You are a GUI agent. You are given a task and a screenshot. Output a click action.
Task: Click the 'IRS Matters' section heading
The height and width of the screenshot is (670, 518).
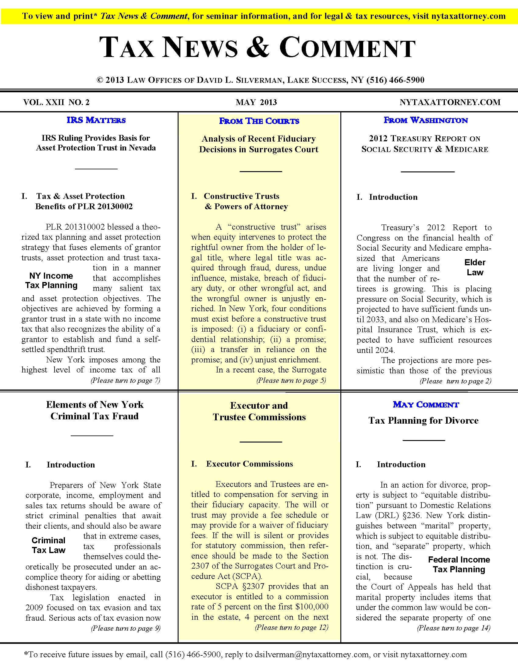point(96,120)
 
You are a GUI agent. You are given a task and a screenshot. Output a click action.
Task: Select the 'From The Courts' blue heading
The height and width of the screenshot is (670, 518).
point(259,121)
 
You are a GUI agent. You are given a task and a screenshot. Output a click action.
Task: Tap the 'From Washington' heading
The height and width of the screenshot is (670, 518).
point(426,120)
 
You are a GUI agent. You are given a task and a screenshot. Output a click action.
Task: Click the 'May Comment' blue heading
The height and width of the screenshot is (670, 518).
point(426,404)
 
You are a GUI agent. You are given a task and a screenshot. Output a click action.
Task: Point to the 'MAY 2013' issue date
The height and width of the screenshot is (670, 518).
point(256,102)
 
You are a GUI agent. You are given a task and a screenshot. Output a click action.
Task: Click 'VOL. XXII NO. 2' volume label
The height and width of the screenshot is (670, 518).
point(56,102)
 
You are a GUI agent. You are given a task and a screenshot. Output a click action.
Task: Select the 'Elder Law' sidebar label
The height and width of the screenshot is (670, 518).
point(475,267)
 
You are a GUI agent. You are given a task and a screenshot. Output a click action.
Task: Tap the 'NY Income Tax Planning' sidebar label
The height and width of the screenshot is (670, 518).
point(51,280)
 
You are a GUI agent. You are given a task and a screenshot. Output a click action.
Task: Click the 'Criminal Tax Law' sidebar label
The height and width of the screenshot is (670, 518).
point(48,545)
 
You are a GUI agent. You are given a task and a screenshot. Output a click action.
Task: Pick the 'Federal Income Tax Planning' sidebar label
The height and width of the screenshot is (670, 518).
point(459,564)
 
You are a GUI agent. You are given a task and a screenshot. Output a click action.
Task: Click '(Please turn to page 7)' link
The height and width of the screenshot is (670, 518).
point(125,381)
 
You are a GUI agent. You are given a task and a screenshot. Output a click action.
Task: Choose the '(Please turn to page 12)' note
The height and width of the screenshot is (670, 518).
point(291,627)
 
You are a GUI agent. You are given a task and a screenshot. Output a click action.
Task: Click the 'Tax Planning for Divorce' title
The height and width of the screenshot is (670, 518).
point(424,420)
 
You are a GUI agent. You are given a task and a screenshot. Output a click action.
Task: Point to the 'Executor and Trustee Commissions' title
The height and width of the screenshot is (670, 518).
point(259,411)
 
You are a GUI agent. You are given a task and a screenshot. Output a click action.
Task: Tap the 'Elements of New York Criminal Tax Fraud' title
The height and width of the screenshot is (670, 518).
point(94,410)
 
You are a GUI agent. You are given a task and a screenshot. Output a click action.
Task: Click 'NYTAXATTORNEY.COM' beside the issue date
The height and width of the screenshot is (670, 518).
point(450,102)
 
